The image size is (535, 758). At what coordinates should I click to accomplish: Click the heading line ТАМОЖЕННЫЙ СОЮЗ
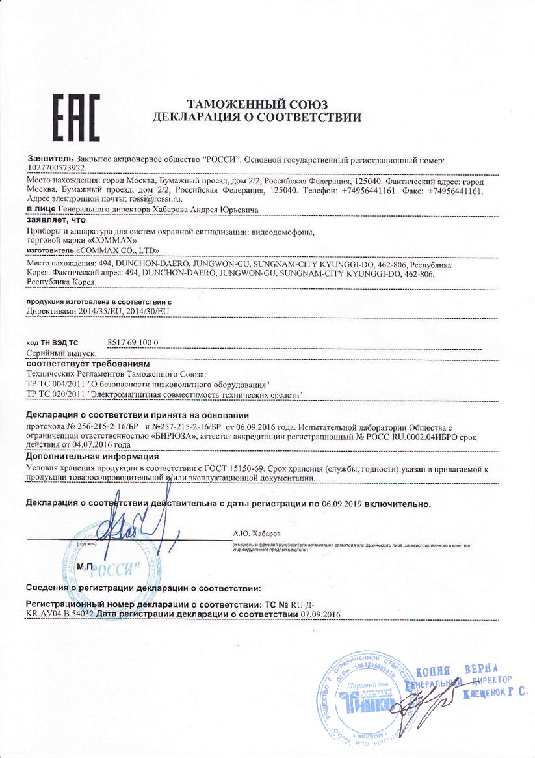click(257, 105)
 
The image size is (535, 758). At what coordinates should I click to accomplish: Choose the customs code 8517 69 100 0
click(133, 342)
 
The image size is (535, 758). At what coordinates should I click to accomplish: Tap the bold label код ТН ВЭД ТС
click(52, 342)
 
